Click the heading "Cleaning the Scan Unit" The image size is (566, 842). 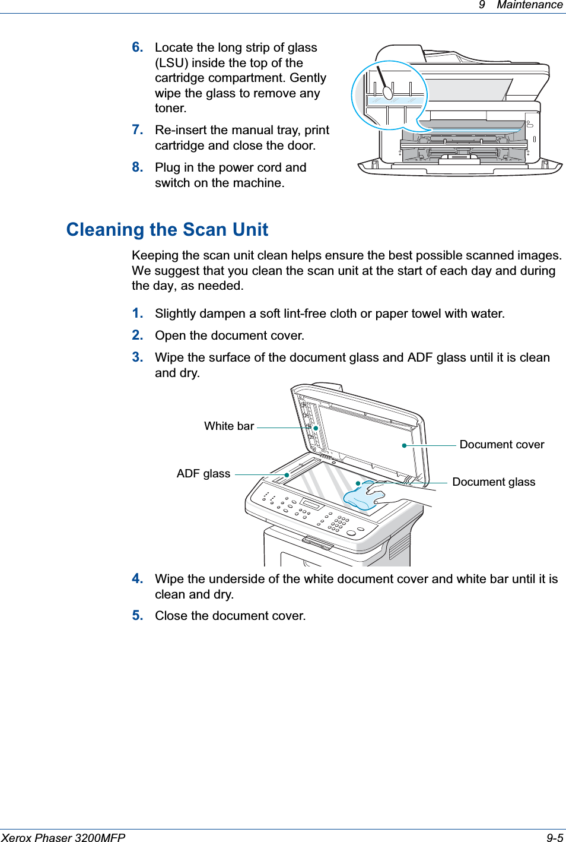[167, 230]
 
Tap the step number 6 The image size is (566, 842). [137, 48]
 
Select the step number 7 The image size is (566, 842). [137, 130]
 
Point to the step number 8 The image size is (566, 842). [137, 167]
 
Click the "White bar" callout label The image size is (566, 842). [229, 426]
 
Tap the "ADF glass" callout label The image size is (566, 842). [203, 474]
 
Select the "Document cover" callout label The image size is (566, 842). [501, 445]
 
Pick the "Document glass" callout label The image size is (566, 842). [494, 482]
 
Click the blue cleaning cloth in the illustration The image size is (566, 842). [361, 499]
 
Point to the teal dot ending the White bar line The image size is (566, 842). [316, 428]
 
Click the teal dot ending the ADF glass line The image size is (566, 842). [287, 475]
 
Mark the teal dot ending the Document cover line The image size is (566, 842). [404, 445]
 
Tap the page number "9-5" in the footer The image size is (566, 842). [555, 837]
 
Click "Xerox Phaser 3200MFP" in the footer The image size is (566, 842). [63, 837]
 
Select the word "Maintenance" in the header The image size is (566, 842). [529, 5]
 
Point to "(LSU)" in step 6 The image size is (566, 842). [173, 63]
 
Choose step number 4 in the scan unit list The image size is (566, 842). [137, 579]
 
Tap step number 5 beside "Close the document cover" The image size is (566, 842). [137, 616]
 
